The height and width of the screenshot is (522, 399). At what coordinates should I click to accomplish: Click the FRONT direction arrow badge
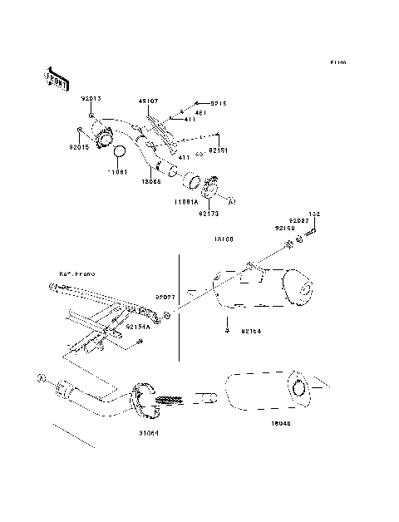click(x=54, y=77)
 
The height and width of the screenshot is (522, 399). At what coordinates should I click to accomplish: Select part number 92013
click(x=91, y=99)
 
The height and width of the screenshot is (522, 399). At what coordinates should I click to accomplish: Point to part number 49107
click(x=149, y=101)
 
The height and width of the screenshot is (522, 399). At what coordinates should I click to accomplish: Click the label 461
click(x=199, y=113)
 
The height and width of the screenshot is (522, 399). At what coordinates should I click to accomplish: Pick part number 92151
click(x=217, y=151)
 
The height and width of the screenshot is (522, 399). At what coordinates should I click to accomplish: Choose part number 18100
click(x=223, y=239)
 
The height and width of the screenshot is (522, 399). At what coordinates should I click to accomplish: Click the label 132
click(x=315, y=214)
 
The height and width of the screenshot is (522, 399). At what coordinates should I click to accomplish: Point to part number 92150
click(x=285, y=227)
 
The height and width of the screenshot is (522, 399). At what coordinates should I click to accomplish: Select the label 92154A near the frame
click(x=138, y=327)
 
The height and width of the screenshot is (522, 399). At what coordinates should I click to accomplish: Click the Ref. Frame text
click(x=73, y=273)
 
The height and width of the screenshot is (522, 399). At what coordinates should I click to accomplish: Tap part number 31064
click(x=148, y=433)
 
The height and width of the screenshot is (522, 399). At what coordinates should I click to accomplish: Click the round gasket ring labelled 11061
click(x=120, y=153)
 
